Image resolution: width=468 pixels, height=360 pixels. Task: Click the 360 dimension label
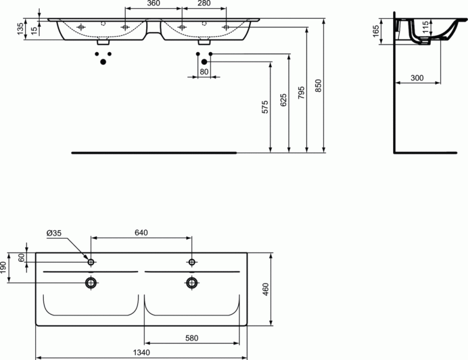coord(153,5)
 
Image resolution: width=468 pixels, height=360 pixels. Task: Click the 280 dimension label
coord(203,5)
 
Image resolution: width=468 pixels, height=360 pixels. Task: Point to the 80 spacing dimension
coord(204,72)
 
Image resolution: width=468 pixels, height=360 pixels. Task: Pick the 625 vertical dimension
coord(283,100)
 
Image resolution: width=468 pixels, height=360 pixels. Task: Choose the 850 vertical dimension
coord(318,85)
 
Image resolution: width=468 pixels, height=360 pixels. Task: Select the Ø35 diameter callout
coord(54,234)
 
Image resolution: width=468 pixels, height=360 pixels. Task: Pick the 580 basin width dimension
coord(192,338)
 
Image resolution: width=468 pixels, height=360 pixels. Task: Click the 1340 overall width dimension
coord(142,352)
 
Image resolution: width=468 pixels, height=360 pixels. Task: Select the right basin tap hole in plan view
coord(191,262)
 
